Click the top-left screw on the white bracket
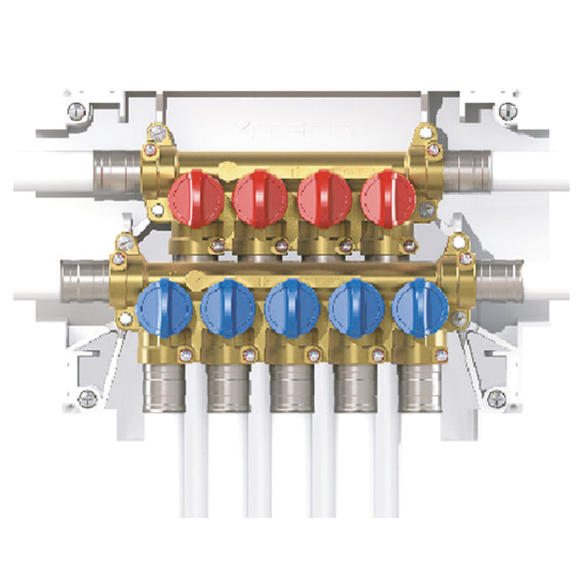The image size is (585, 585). (77, 109)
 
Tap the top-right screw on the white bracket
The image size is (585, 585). (506, 109)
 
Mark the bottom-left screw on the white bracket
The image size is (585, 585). (87, 398)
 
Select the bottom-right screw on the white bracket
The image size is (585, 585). (497, 398)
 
